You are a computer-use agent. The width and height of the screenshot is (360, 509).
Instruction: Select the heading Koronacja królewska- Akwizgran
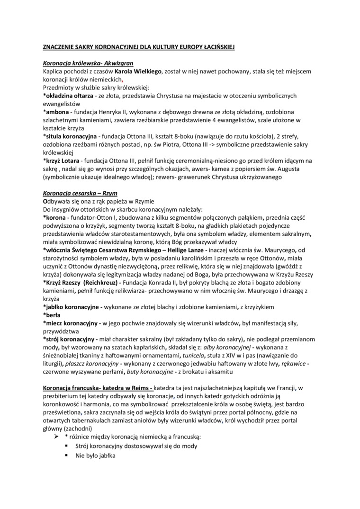point(88,63)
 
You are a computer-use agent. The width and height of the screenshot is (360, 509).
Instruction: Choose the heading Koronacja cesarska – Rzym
point(80,194)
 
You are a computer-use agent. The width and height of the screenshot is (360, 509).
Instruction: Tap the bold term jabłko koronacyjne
point(72,307)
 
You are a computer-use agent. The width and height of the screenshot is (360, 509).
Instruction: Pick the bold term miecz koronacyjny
point(72,323)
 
